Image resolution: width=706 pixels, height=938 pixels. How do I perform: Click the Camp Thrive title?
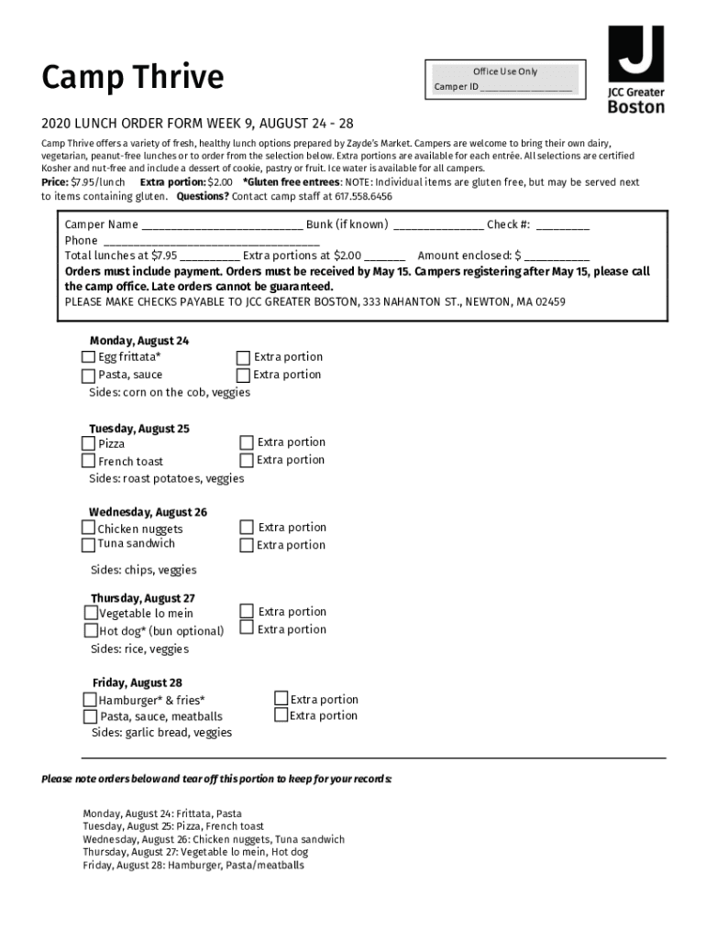[x=132, y=78]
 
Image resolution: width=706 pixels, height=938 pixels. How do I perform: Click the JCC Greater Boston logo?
[x=635, y=70]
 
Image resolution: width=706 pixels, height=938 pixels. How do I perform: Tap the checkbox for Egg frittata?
[x=89, y=357]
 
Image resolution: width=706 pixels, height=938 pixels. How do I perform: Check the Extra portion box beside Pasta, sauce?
[x=243, y=376]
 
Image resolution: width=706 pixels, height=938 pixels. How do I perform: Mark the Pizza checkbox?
[x=89, y=443]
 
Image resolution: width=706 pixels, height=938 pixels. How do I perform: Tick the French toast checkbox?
[x=89, y=461]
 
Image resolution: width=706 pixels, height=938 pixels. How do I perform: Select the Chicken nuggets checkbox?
[x=89, y=529]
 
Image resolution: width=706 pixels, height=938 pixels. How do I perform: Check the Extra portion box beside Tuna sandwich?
[x=247, y=545]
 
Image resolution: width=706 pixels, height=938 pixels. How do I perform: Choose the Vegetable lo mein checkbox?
[x=91, y=613]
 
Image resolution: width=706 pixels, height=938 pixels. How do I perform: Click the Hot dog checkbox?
[x=91, y=630]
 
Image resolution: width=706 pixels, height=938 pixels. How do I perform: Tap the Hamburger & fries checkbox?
[x=91, y=701]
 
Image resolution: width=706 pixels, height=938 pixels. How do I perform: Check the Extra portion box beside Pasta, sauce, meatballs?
[x=281, y=715]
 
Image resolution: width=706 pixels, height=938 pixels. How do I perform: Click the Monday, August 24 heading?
[x=139, y=341]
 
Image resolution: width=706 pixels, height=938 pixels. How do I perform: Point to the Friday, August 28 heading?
[x=138, y=683]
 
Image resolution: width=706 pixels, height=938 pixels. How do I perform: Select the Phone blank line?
[x=211, y=242]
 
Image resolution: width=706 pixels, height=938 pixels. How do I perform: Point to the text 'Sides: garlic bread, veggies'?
[x=161, y=733]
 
